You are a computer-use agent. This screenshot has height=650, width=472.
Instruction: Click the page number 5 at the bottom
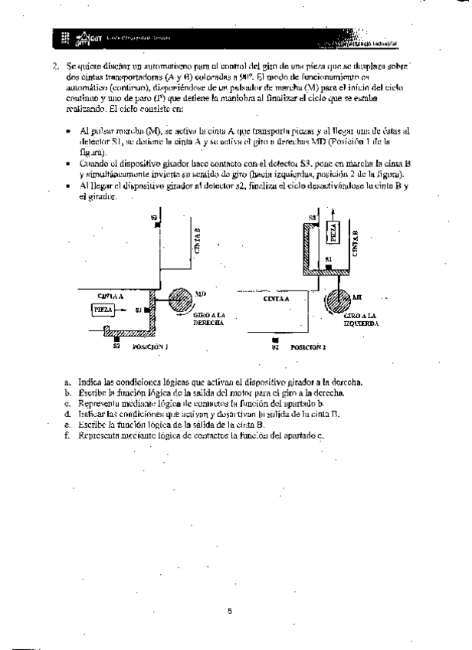tap(230, 611)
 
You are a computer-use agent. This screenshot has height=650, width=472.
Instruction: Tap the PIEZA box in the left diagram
tap(103, 310)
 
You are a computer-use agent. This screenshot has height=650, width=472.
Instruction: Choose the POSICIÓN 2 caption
tap(308, 347)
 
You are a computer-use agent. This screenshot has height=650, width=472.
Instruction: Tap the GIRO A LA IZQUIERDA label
tap(361, 319)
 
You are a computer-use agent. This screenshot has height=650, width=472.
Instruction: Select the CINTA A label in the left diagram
tap(112, 294)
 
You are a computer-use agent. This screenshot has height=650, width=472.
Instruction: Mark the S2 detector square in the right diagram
tap(274, 340)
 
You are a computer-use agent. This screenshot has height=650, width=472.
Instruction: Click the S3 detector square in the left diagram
tap(156, 223)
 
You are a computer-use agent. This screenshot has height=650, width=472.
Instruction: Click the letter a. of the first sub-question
tap(68, 382)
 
